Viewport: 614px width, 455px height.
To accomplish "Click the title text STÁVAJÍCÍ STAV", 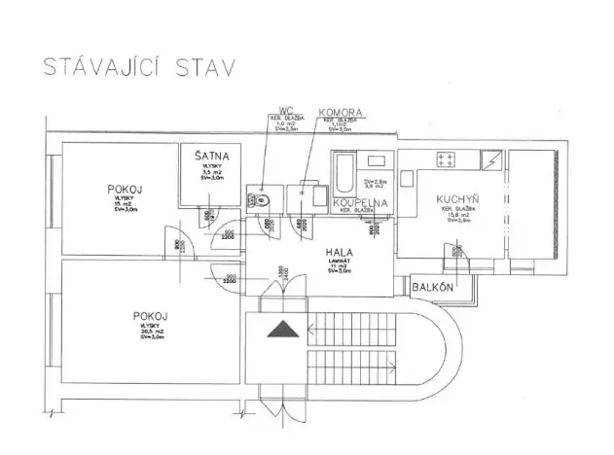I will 135,69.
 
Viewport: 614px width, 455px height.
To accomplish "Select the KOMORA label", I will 342,113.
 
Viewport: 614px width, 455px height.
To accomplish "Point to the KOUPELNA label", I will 361,203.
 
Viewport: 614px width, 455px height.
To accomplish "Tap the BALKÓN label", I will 429,288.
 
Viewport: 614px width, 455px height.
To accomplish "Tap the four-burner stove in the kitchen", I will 450,158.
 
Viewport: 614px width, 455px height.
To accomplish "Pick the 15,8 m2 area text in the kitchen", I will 454,216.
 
